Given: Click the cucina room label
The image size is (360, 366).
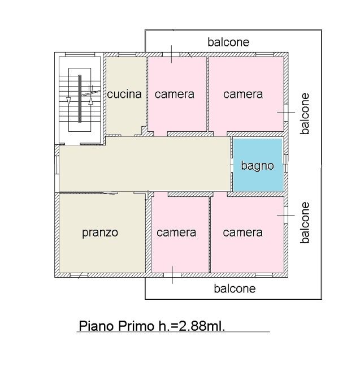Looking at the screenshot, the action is [124, 94].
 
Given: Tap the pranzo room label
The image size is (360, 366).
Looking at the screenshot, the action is [100, 232].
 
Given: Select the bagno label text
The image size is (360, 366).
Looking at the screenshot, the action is [257, 166].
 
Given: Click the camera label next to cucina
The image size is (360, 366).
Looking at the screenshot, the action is [175, 94].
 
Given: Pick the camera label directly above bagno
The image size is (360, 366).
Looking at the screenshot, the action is [243, 94].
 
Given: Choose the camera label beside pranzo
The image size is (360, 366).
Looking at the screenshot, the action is [176, 232].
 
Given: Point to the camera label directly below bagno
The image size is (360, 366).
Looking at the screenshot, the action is [242, 232].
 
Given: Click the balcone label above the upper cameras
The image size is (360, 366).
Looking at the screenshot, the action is [228, 42].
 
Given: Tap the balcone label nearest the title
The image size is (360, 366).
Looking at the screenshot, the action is [235, 289].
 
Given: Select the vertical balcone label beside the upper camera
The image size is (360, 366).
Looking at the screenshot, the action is [305, 114].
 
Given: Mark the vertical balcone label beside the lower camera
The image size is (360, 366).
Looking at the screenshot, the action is [305, 223].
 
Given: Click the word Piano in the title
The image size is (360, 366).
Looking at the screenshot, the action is [97, 326].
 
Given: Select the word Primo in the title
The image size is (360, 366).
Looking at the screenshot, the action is [136, 326].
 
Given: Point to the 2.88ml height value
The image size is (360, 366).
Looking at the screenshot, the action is [202, 326].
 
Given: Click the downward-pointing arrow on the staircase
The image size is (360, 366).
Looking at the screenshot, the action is [68, 101].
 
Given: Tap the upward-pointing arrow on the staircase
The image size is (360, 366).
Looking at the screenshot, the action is [91, 101].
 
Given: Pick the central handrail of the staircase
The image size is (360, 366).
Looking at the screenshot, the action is [80, 98].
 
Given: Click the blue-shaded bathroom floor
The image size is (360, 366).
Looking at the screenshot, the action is [258, 165].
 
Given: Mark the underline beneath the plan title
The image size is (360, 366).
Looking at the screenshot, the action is [174, 331].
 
